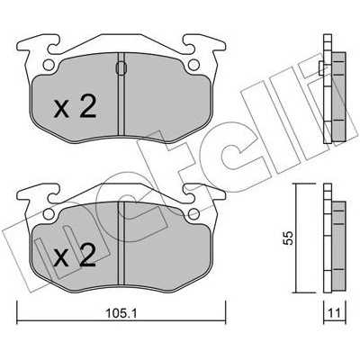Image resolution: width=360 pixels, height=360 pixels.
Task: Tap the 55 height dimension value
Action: [288, 238]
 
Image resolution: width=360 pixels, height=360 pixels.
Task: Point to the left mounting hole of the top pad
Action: [49, 64]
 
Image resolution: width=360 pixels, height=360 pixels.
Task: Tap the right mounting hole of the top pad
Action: [193, 64]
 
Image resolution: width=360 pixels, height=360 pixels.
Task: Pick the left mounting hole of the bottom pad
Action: [49, 213]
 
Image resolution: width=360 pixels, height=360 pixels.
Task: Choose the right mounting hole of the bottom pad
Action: [193, 213]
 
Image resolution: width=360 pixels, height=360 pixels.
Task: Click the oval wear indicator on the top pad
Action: [121, 67]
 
